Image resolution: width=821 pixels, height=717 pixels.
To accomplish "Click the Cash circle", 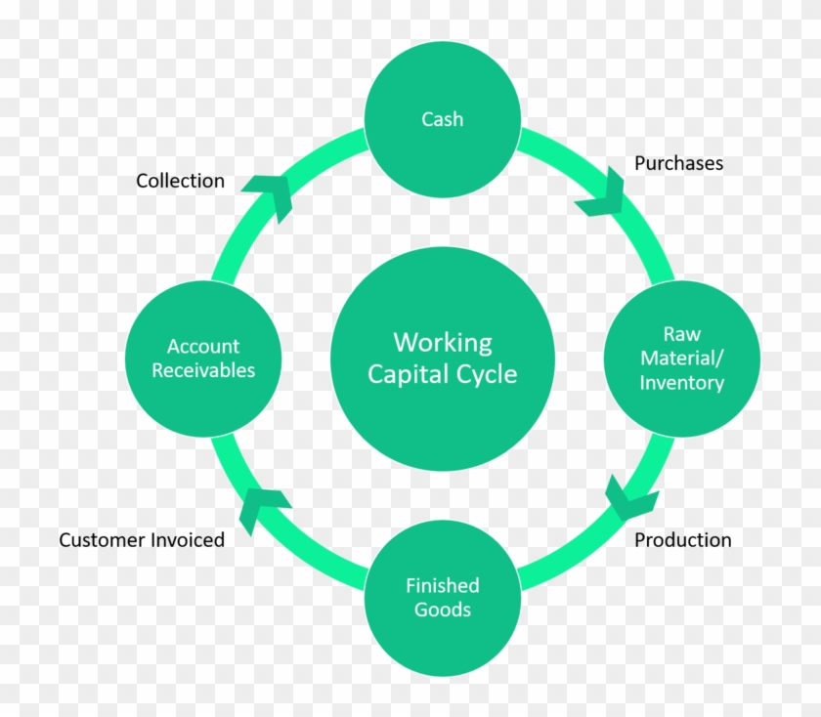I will [x=442, y=119].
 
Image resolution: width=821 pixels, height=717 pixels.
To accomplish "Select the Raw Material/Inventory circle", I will [x=682, y=358].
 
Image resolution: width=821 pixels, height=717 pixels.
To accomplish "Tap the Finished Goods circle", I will [x=442, y=598].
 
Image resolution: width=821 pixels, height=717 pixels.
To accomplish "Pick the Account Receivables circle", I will [x=203, y=358].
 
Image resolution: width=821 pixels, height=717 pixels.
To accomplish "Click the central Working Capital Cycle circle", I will [x=442, y=358].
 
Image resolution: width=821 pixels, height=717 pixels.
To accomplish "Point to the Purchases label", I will [x=678, y=163].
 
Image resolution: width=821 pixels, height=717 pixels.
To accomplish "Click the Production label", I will [x=682, y=540].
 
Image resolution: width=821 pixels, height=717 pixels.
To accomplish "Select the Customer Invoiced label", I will [x=142, y=540].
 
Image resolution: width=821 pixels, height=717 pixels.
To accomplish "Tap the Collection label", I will [x=180, y=181].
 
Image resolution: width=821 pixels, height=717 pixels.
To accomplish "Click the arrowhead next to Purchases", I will [x=604, y=192].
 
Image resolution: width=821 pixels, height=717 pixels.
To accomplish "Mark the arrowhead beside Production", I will [x=630, y=498].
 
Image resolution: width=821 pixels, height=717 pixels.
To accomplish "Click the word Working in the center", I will [x=442, y=343].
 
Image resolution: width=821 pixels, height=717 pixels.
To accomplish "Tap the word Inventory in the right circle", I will [x=682, y=383].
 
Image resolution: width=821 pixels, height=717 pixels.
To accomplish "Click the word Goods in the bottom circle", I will [x=442, y=610].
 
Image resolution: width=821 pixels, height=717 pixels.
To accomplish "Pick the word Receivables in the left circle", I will [x=203, y=370].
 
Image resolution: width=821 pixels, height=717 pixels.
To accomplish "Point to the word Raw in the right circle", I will [x=682, y=334].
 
